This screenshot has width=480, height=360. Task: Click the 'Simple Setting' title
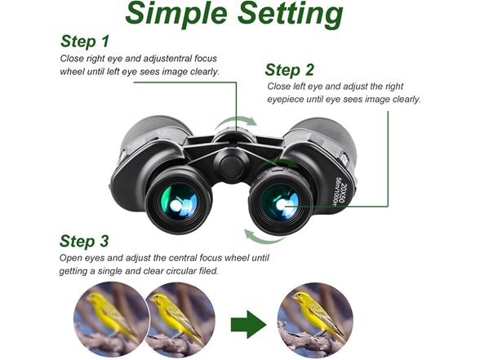pos(234,14)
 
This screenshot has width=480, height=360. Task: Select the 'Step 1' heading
pos(85,42)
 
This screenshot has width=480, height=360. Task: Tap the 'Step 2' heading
pos(289,70)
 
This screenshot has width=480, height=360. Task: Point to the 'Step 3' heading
pos(84,242)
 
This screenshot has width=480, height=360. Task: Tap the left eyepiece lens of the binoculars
pos(179,202)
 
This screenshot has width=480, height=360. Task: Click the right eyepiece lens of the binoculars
pos(280,202)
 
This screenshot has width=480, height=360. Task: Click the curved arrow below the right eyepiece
pos(262,239)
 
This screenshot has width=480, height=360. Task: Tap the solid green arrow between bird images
pos(248,324)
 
